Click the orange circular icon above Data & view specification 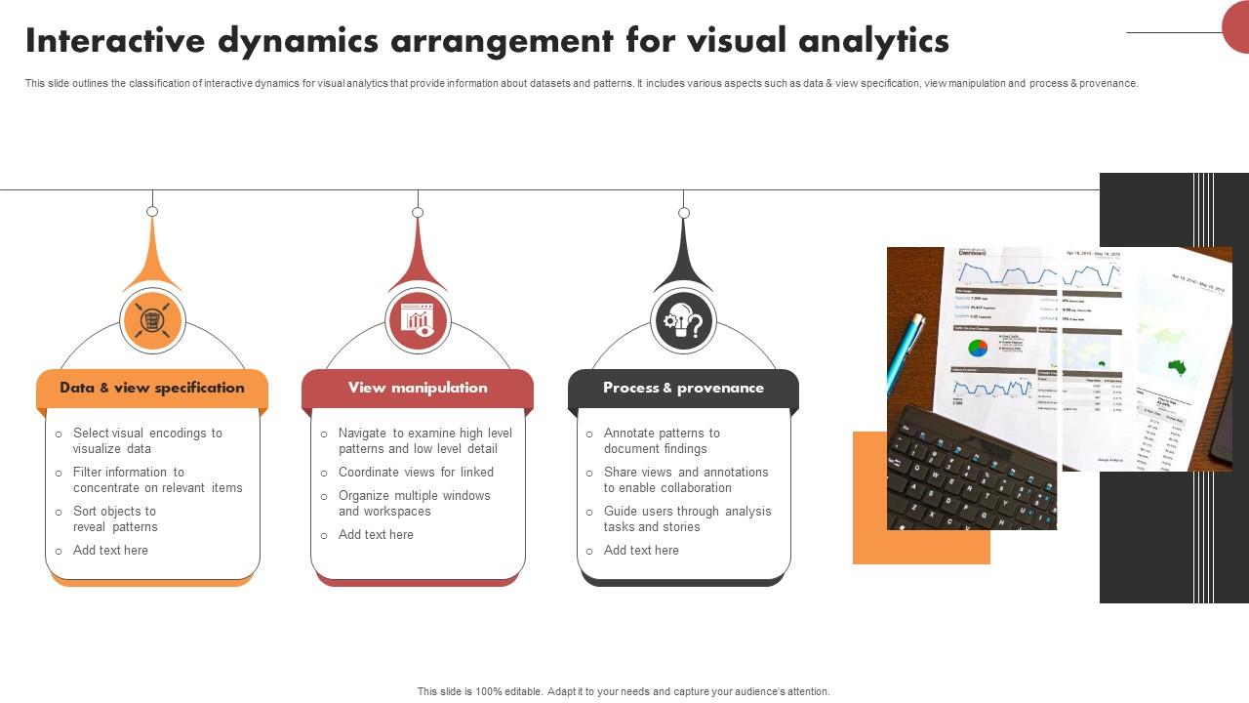pos(152,320)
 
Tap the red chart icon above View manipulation pos(418,320)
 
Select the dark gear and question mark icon pos(683,321)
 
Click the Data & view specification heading pos(152,388)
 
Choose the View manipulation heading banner pos(418,388)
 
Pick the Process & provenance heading pos(683,388)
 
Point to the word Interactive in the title pos(115,41)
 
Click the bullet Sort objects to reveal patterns pos(115,518)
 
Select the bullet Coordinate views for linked pos(416,472)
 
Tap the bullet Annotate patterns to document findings pos(662,440)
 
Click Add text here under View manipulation pos(376,534)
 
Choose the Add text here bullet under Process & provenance pos(641,550)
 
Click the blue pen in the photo pos(905,352)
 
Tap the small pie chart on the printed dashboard pos(978,348)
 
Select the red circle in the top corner pos(1237,26)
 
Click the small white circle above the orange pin pos(152,211)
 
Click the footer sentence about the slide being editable pos(624,691)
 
